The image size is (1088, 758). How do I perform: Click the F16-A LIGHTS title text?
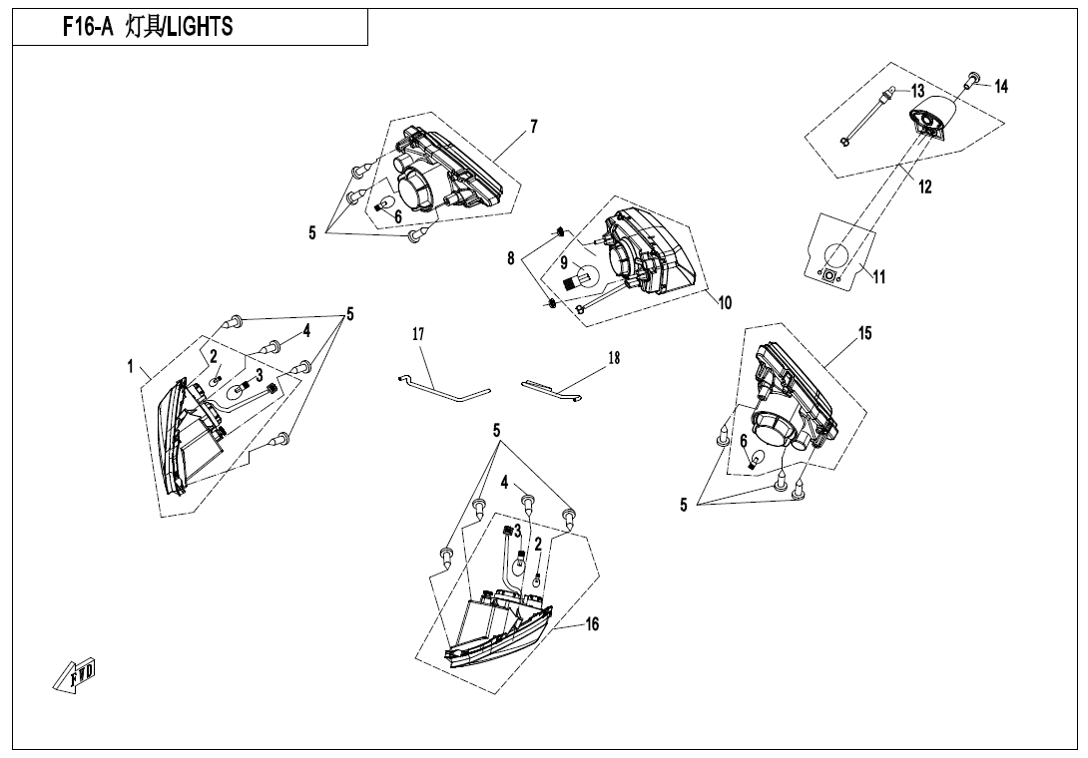point(148,28)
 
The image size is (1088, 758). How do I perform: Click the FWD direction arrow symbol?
point(75,678)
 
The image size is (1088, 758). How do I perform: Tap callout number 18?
point(613,358)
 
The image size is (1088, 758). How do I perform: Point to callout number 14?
point(1001,87)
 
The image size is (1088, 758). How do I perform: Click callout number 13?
point(917,92)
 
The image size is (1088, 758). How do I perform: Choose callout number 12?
point(925,187)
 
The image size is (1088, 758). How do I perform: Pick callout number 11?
point(879,277)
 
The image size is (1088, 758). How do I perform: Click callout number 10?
point(726,303)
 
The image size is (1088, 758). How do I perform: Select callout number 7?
point(534,127)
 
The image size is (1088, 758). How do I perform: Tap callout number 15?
point(865,333)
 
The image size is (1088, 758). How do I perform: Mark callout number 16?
point(592,624)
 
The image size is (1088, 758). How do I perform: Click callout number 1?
point(131,366)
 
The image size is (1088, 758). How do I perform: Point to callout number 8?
point(511,257)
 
